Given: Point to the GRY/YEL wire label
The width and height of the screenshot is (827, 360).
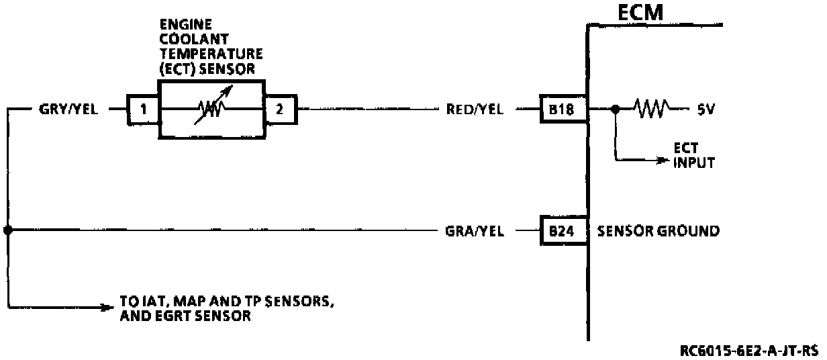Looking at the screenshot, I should click(68, 109).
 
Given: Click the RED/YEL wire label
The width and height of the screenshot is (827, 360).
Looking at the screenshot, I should click(475, 109).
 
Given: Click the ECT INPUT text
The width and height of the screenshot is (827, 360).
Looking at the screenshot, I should click(693, 156).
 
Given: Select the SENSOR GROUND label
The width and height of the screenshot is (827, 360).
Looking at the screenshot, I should click(658, 231).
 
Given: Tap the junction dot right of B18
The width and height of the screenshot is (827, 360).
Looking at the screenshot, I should click(615, 108).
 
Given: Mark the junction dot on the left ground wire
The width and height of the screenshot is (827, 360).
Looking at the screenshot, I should click(8, 230).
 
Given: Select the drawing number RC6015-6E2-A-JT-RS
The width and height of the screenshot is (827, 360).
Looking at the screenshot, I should click(749, 350).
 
